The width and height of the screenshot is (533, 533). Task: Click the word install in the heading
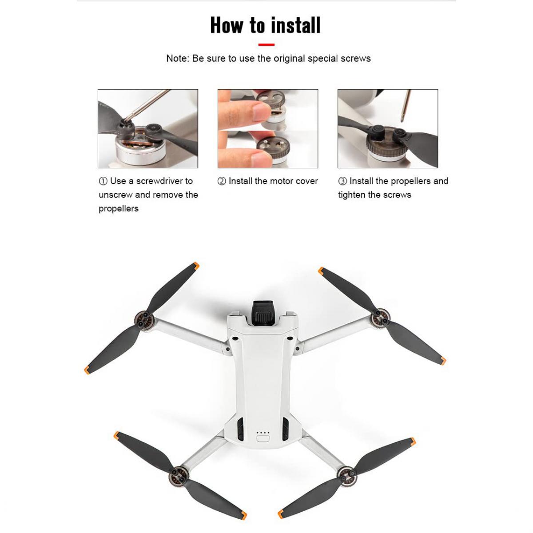[x=296, y=25]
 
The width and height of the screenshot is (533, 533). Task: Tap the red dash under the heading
[x=266, y=45]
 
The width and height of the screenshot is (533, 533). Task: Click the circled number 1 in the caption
[x=103, y=181]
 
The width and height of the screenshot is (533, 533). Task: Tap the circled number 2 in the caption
[x=222, y=181]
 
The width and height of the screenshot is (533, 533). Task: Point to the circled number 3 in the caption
[x=342, y=181]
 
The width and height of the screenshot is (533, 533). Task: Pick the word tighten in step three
[x=352, y=195]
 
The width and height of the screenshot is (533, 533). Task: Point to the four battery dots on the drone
[x=263, y=433]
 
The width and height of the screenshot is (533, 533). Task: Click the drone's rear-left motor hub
[x=179, y=474]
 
